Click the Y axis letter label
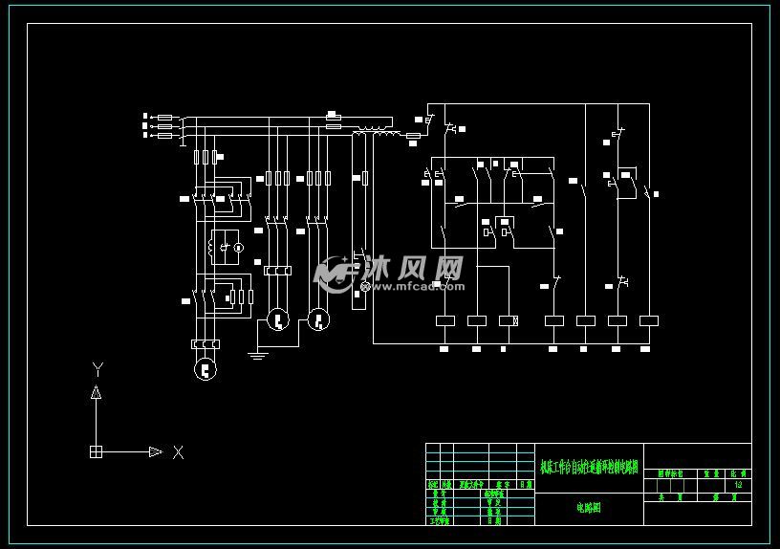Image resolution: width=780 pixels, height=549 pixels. click(97, 369)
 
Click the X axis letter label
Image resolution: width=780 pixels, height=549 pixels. click(178, 452)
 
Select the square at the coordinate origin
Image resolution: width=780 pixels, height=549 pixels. click(96, 451)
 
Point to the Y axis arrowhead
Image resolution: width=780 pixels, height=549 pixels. click(96, 392)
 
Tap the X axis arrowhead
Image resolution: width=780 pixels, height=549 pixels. click(155, 451)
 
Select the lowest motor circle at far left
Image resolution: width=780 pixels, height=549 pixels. click(205, 368)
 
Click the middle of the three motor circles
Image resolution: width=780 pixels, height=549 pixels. click(276, 319)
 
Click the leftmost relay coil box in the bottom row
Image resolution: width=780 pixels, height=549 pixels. click(446, 320)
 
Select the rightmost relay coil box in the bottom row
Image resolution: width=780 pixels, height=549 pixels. click(649, 320)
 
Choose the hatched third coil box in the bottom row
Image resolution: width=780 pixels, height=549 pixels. click(509, 320)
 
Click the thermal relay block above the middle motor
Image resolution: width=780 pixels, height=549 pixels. click(276, 272)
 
